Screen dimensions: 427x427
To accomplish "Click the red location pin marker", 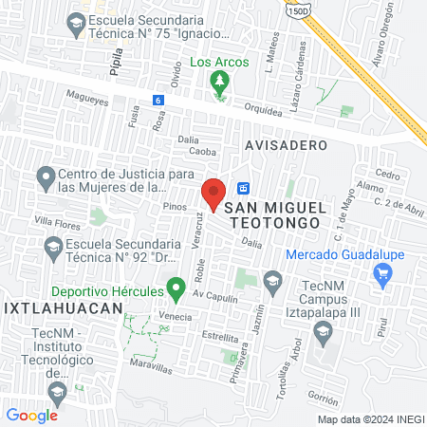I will (213, 194).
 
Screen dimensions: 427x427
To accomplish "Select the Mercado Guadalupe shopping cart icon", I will (383, 275).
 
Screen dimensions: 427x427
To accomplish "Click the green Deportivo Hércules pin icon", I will (175, 286).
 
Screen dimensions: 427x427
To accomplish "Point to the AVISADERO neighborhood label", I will (286, 145).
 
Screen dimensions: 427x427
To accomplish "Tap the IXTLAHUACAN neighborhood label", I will (63, 308).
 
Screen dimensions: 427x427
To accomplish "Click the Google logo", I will (31, 415).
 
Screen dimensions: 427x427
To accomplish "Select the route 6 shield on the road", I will (158, 100).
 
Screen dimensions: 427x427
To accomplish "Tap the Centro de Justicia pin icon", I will (44, 176).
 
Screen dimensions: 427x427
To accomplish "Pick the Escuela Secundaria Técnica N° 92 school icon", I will (53, 250).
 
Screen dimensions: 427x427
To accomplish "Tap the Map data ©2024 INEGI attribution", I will (370, 419).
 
